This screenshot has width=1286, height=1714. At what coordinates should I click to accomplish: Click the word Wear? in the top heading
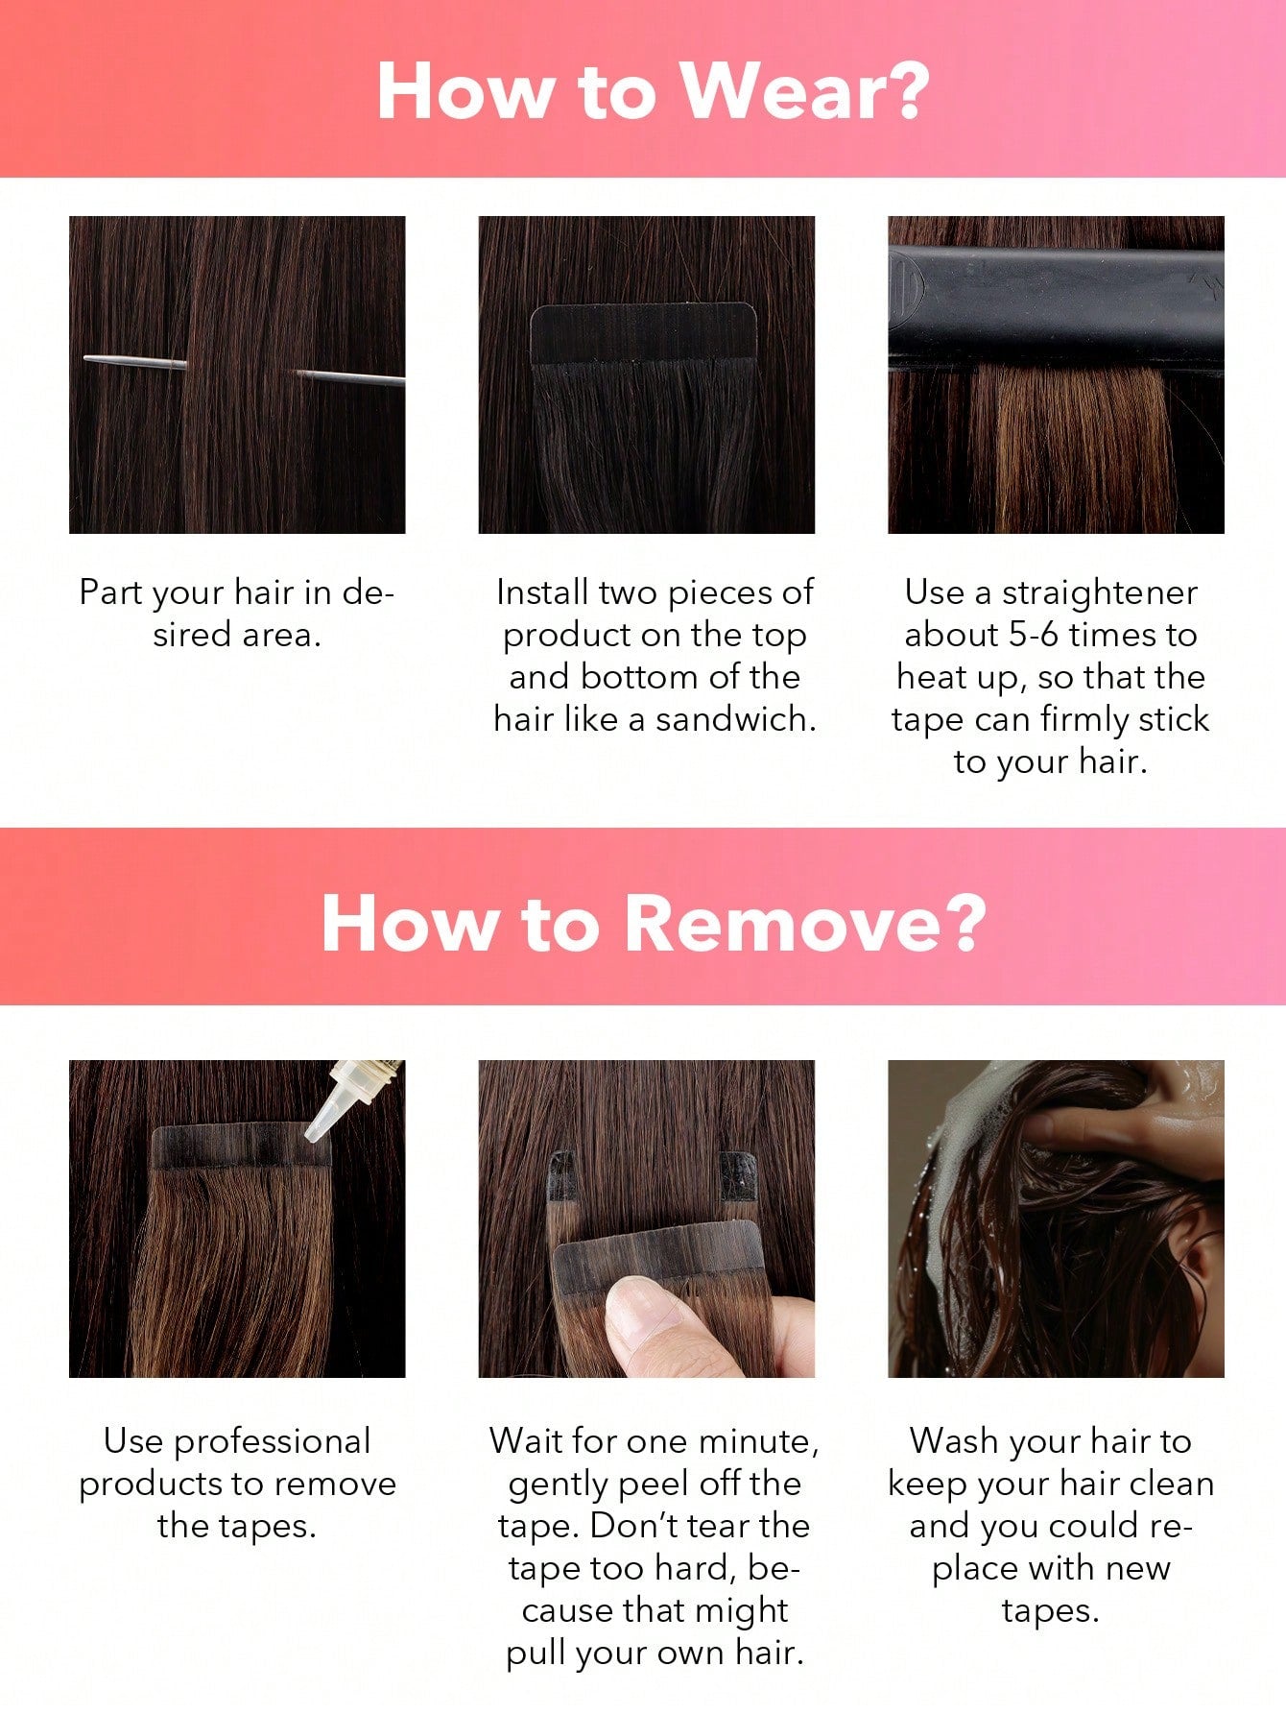(x=805, y=90)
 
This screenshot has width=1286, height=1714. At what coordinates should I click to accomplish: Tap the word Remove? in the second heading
(x=805, y=924)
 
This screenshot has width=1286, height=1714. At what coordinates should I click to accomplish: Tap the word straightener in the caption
(x=1100, y=593)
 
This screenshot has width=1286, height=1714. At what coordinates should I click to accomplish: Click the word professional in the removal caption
(x=272, y=1442)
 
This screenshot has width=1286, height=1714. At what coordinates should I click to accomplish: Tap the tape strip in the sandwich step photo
(x=643, y=333)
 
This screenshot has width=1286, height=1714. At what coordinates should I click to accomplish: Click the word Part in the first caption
(x=109, y=592)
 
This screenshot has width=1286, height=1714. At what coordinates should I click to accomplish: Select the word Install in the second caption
(x=542, y=592)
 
